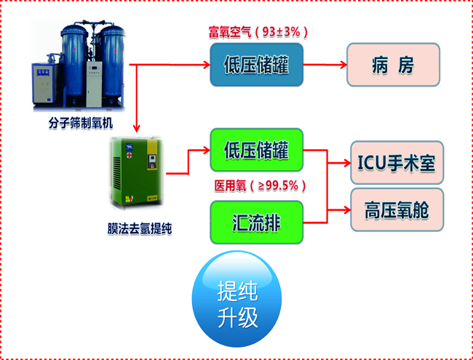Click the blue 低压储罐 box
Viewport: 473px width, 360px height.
coord(256,65)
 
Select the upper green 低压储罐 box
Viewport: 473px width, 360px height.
coord(256,150)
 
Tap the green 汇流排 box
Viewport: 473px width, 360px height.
coord(256,223)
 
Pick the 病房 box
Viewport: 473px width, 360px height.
coord(393,65)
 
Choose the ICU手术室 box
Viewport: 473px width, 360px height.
coord(397,162)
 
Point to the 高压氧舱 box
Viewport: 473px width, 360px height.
coord(397,210)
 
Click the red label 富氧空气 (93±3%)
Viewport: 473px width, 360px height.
coord(258,32)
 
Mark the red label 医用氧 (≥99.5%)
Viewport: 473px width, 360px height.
coord(260,185)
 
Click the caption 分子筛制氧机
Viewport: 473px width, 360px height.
coord(81,124)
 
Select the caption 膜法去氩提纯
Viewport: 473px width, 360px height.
coord(140,228)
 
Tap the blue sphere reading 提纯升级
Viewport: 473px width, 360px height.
coord(236,299)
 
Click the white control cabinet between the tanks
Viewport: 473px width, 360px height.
coord(94,84)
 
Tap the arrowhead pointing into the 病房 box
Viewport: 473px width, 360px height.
coord(343,65)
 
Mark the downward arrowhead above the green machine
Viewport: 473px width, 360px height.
coord(137,129)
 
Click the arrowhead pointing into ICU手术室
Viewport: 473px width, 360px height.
coord(347,163)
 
